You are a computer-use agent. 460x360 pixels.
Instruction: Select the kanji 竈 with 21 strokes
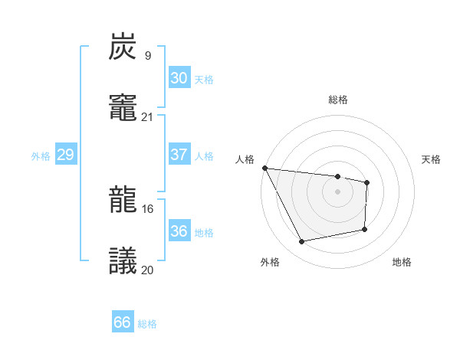123,108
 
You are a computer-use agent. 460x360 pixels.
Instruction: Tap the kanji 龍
123,200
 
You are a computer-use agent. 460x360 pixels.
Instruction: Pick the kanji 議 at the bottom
123,261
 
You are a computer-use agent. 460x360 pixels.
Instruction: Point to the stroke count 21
147,116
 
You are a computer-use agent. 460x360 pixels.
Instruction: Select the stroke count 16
147,208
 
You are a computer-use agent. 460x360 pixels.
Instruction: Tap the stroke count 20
147,270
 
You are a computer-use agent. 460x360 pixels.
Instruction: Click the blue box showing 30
179,78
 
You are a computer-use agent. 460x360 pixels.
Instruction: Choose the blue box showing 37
179,155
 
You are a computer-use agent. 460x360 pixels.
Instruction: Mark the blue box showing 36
179,231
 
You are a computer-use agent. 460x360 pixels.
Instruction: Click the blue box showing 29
65,155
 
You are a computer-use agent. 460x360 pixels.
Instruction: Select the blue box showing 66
122,322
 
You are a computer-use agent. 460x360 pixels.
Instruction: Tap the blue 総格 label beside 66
147,324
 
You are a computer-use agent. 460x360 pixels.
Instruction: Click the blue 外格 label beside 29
41,156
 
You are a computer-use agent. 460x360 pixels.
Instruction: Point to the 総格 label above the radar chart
337,100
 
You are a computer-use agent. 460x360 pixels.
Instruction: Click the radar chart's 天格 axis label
431,159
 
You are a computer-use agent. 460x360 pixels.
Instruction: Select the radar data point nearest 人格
264,168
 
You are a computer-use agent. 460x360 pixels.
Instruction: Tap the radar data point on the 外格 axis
302,242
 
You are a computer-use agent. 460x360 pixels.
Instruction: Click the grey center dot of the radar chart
337,191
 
